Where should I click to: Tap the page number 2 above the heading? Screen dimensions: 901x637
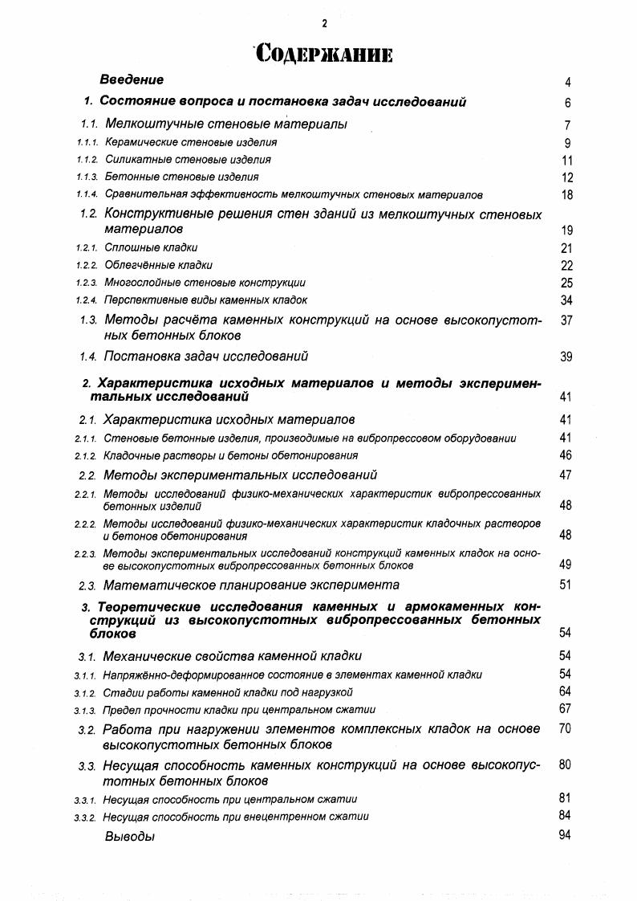point(324,24)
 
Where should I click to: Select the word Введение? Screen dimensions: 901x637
point(132,79)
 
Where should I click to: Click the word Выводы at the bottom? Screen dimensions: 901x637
point(129,837)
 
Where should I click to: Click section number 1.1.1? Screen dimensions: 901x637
point(87,143)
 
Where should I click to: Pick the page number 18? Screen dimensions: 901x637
point(566,195)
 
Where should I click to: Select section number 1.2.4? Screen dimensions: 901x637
point(87,300)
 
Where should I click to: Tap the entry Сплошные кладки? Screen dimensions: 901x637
point(151,248)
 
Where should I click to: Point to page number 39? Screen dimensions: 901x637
point(566,357)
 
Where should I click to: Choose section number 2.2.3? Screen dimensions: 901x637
point(85,554)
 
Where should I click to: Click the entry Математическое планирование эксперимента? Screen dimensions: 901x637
point(251,585)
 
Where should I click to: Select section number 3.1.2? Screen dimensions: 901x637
point(85,692)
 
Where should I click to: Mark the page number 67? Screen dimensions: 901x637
point(565,708)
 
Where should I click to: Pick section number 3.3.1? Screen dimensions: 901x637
point(85,800)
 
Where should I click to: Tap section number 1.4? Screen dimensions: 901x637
point(88,357)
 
